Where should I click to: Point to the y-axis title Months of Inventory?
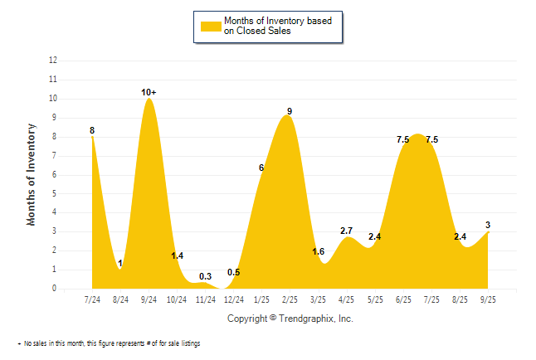point(32,174)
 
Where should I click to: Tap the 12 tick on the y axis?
point(53,61)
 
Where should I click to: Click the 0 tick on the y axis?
point(55,289)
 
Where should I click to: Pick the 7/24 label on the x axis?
point(92,299)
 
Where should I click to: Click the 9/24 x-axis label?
point(149,299)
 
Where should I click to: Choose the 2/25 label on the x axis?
point(290,299)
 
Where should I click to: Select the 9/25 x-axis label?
point(488,299)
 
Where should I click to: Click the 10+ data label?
point(149,92)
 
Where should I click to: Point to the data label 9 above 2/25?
point(290,111)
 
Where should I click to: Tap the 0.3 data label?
point(205,275)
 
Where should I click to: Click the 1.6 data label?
point(318,251)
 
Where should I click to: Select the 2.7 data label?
point(347,230)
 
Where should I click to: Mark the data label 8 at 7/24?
point(92,130)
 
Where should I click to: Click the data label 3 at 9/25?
point(489,225)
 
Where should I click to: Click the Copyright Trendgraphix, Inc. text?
point(290,318)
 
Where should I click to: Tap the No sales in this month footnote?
point(110,343)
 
